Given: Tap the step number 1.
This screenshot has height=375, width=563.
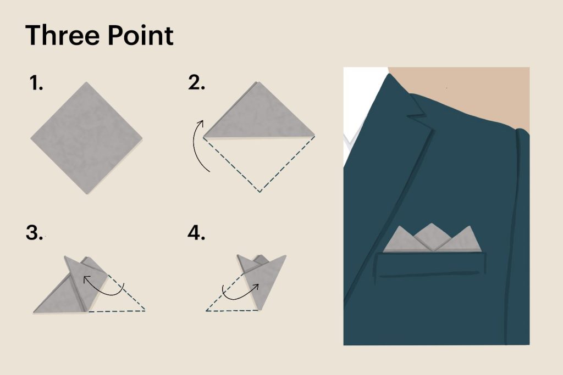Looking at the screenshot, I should pos(36,85).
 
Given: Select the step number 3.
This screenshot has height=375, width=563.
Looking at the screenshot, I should pos(35,233).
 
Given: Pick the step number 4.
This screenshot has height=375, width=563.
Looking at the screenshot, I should pos(196,233).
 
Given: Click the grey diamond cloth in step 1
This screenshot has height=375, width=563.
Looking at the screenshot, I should pos(86,137).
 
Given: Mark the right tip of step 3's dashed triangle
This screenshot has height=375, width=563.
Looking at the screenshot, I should pos(145,311).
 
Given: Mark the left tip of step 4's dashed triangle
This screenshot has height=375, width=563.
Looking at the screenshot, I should pos(207,311).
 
